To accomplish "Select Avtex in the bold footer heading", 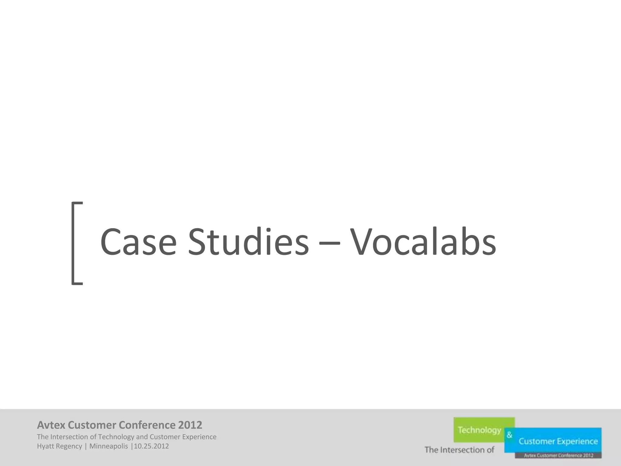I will [x=51, y=425].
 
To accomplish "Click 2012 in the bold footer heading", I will [x=190, y=425].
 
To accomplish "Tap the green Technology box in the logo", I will [x=479, y=430].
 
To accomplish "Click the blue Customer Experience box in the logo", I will [x=558, y=441].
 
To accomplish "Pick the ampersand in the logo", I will [x=509, y=435].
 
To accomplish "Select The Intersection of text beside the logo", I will [x=459, y=450].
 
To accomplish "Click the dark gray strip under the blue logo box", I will [x=558, y=455].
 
